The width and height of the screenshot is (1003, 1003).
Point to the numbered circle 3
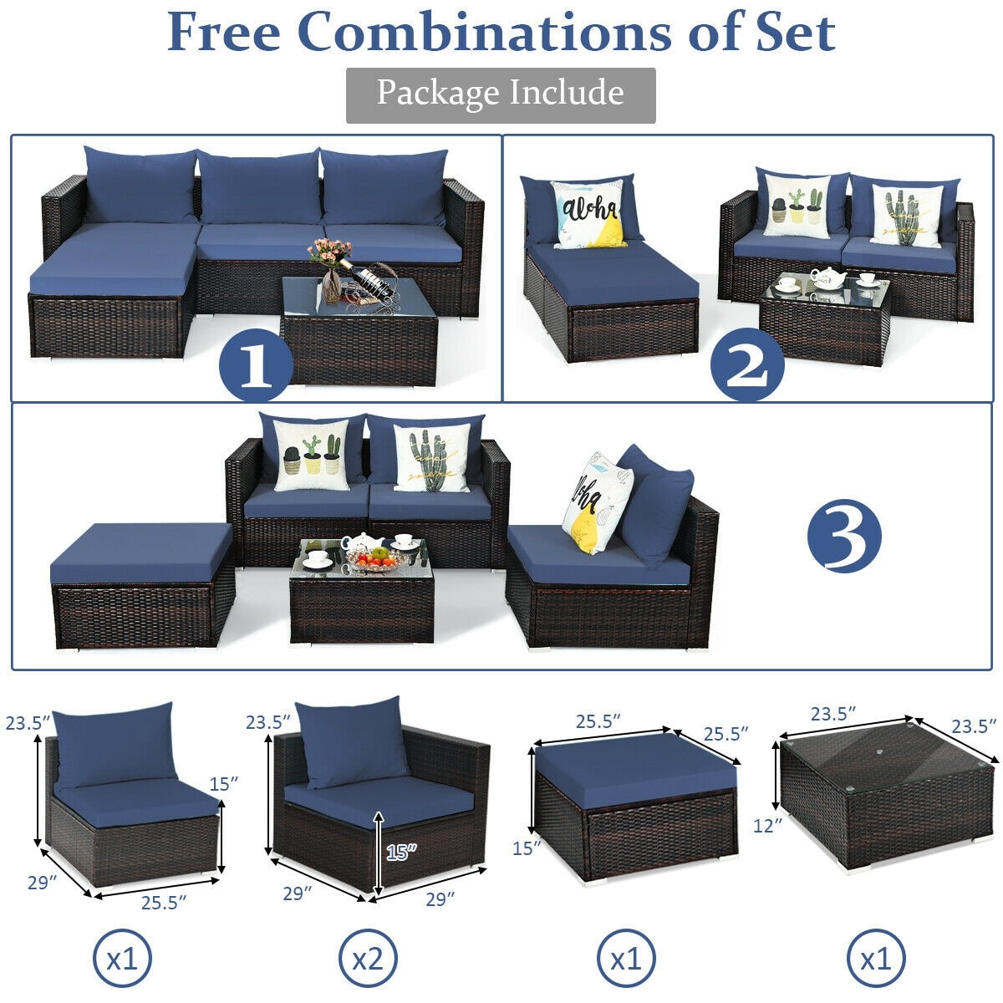[x=844, y=534]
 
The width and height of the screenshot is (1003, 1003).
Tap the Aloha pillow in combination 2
[x=590, y=214]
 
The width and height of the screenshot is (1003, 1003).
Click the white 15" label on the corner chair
[x=400, y=853]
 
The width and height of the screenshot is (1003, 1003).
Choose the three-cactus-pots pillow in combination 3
[x=311, y=456]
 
